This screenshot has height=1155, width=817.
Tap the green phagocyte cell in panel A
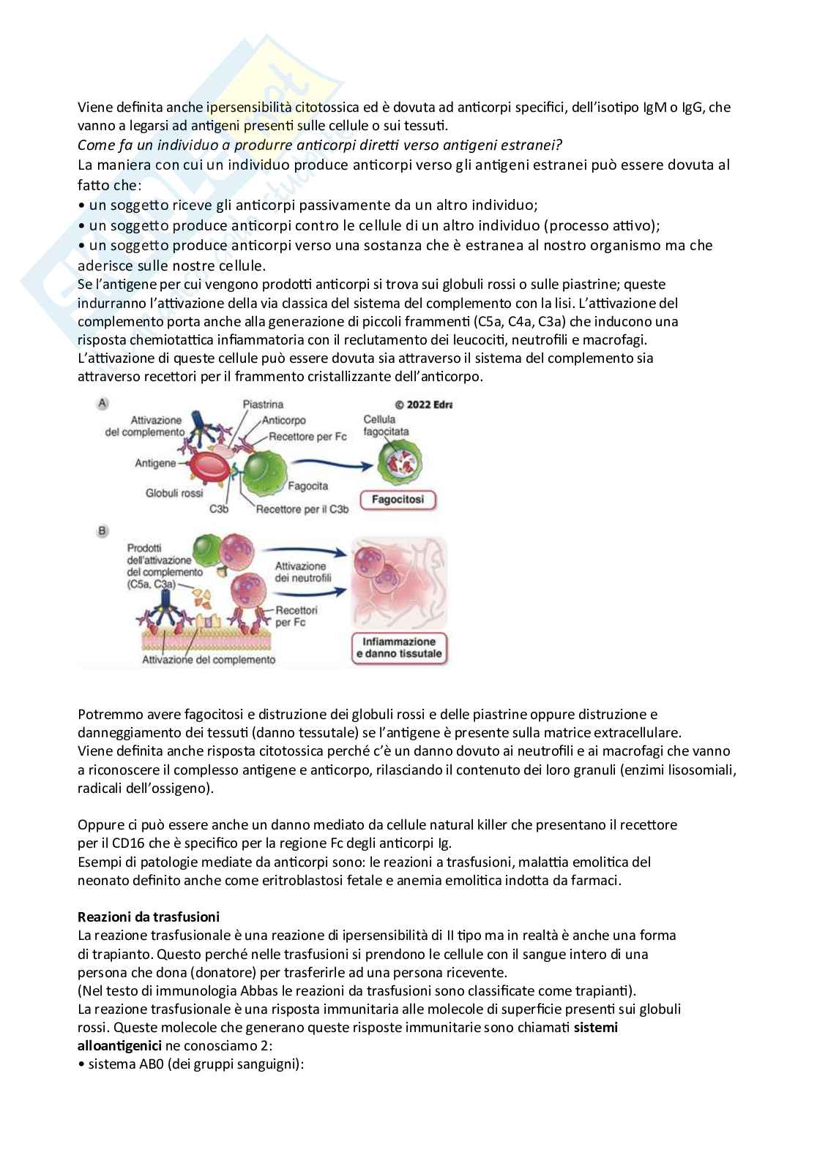pyautogui.click(x=264, y=467)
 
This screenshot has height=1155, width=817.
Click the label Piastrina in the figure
pyautogui.click(x=263, y=405)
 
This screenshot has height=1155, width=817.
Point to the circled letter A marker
pyautogui.click(x=103, y=403)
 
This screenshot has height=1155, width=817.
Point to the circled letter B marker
pyautogui.click(x=103, y=532)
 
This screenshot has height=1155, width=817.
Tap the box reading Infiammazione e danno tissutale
pyautogui.click(x=400, y=647)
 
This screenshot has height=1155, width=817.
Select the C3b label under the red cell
pyautogui.click(x=219, y=509)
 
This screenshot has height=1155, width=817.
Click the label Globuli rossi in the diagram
pyautogui.click(x=174, y=493)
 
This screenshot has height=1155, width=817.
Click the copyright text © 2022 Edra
pyautogui.click(x=423, y=405)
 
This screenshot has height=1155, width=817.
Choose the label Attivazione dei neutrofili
pyautogui.click(x=301, y=571)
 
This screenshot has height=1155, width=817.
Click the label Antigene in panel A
pyautogui.click(x=155, y=463)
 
